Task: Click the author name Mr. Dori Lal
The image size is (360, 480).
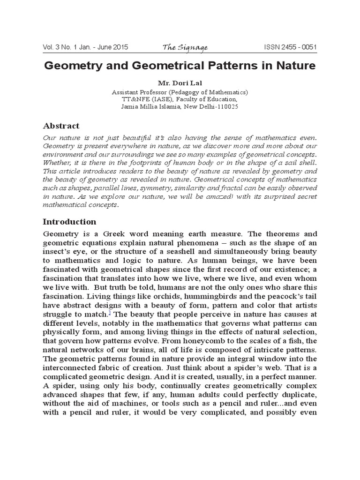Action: pyautogui.click(x=180, y=84)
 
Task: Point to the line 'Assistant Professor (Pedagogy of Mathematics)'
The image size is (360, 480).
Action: pyautogui.click(x=180, y=92)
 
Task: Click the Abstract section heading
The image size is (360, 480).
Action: pyautogui.click(x=61, y=126)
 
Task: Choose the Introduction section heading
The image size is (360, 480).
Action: pyautogui.click(x=69, y=221)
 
